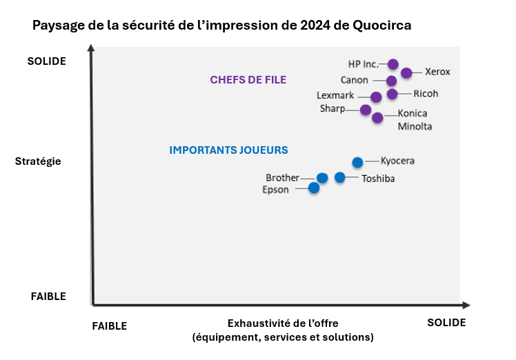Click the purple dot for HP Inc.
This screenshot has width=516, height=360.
(x=393, y=64)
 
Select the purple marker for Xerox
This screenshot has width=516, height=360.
(x=406, y=72)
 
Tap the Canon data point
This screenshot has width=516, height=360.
(x=391, y=81)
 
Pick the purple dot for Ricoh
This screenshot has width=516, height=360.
(x=392, y=94)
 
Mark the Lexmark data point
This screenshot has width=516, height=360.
(x=376, y=97)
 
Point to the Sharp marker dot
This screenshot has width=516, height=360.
(x=366, y=110)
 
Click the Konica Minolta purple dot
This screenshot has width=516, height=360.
(x=377, y=117)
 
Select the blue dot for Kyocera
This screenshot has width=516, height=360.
(x=357, y=162)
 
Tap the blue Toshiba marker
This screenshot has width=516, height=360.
(x=340, y=177)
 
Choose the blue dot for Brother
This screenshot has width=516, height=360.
(x=322, y=178)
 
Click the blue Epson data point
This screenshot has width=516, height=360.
(x=314, y=188)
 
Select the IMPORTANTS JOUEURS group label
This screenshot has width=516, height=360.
(x=228, y=150)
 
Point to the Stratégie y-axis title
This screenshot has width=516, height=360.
(x=38, y=161)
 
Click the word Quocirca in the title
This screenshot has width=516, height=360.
(x=377, y=26)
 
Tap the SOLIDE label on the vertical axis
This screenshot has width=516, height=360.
(x=47, y=61)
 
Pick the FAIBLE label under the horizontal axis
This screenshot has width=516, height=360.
(x=109, y=326)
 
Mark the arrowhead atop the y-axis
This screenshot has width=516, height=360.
(x=92, y=50)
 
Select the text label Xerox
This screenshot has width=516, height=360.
(x=437, y=72)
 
